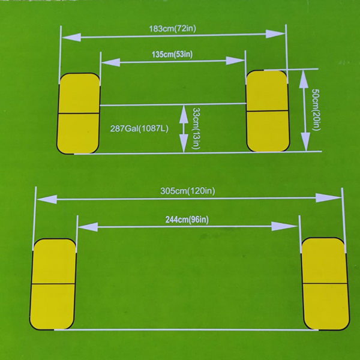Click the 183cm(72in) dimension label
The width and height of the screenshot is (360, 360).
pyautogui.click(x=172, y=29)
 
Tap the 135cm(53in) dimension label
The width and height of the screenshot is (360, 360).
pyautogui.click(x=172, y=55)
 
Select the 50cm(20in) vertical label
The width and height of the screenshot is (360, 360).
pyautogui.click(x=316, y=110)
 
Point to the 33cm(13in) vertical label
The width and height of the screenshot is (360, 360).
pyautogui.click(x=196, y=128)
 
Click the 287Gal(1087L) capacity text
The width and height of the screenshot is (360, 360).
pyautogui.click(x=139, y=128)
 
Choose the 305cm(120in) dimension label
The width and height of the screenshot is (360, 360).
pyautogui.click(x=188, y=191)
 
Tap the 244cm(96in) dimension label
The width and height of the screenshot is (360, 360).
pyautogui.click(x=187, y=220)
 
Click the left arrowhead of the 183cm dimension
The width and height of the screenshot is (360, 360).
pyautogui.click(x=71, y=37)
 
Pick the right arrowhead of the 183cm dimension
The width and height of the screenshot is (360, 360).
pyautogui.click(x=275, y=34)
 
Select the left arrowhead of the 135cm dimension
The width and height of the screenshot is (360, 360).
pyautogui.click(x=110, y=62)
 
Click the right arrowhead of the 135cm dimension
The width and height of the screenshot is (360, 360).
pyautogui.click(x=235, y=61)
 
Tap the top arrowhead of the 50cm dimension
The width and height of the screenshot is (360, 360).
pyautogui.click(x=304, y=79)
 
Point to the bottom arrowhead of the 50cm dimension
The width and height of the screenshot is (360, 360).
pyautogui.click(x=305, y=142)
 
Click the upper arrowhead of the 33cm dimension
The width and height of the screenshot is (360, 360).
pyautogui.click(x=184, y=114)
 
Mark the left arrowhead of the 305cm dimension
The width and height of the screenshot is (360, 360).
pyautogui.click(x=47, y=199)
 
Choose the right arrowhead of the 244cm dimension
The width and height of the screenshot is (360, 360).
pyautogui.click(x=284, y=226)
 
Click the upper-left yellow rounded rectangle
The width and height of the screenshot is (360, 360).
pyautogui.click(x=79, y=113)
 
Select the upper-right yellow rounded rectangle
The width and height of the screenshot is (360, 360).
pyautogui.click(x=268, y=111)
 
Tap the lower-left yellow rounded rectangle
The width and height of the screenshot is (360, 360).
pyautogui.click(x=53, y=284)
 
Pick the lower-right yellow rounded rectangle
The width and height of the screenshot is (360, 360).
pyautogui.click(x=325, y=284)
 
